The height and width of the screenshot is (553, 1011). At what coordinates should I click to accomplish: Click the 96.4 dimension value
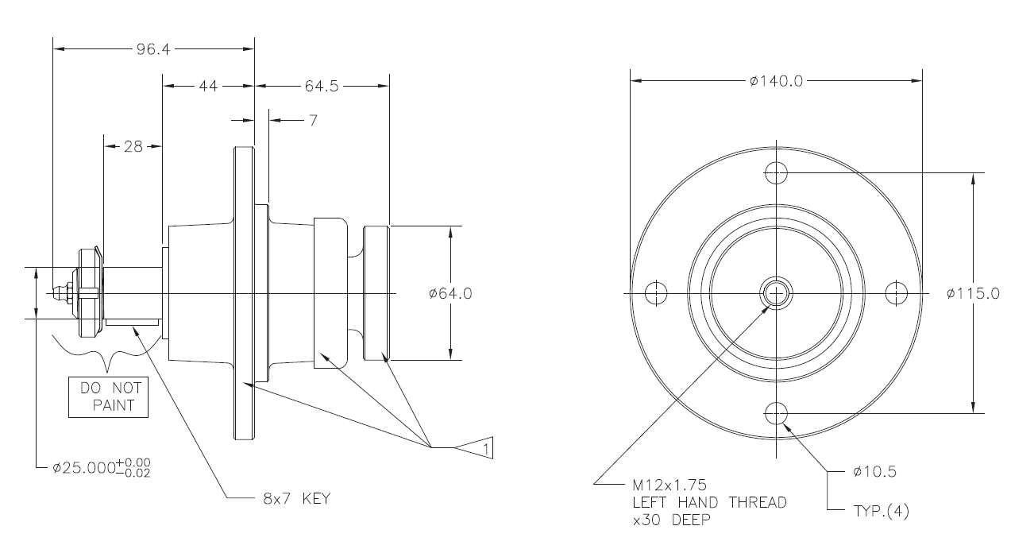click(x=152, y=48)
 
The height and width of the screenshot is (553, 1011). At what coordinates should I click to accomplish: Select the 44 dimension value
click(x=208, y=86)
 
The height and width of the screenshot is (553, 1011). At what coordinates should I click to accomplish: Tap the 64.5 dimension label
click(x=321, y=86)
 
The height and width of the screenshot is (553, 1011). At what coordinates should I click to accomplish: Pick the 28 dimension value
click(x=133, y=146)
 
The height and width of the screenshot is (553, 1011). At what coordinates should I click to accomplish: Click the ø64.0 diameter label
click(x=450, y=293)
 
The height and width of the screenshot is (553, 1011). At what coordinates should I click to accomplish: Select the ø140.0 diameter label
click(x=776, y=80)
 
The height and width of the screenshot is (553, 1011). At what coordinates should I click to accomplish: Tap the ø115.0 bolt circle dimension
click(x=973, y=293)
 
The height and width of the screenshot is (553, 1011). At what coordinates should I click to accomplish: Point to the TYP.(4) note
click(x=881, y=512)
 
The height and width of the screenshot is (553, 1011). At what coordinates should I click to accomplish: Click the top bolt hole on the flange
click(x=776, y=172)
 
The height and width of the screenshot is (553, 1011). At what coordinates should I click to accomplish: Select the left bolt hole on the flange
click(x=654, y=293)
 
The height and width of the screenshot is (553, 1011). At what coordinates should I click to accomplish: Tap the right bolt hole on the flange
click(x=897, y=293)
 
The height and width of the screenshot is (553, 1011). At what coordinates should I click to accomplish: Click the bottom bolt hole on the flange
click(x=776, y=413)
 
